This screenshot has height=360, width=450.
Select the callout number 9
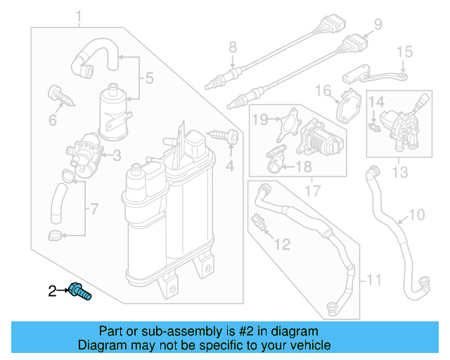(378, 25)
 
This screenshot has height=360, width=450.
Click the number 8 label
(233, 48)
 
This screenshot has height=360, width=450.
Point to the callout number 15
(404, 51)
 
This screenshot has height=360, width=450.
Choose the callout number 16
(322, 91)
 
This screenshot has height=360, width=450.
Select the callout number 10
(417, 214)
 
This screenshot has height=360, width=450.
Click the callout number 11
(374, 283)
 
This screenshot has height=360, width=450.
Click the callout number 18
(303, 167)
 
